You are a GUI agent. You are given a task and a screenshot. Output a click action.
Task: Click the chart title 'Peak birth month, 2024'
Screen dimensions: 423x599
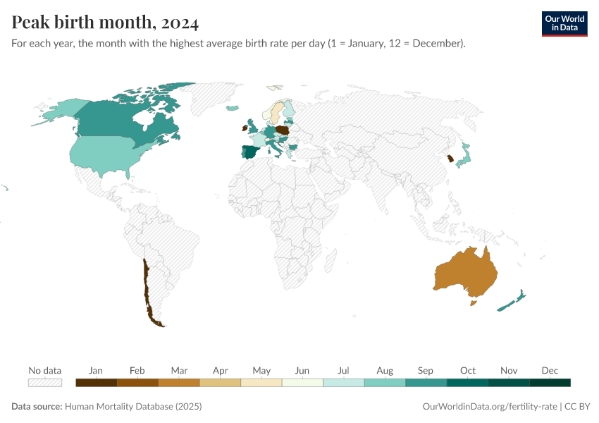[105, 23]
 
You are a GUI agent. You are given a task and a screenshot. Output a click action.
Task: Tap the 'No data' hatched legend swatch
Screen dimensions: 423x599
[45, 383]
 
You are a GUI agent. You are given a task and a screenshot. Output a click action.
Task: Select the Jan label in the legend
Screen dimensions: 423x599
[96, 370]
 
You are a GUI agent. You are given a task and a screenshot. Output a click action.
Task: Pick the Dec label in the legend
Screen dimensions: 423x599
[550, 370]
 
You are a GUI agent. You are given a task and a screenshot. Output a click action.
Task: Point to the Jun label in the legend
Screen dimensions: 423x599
[302, 370]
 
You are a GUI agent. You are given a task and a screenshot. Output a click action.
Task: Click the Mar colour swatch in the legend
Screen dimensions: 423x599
[179, 383]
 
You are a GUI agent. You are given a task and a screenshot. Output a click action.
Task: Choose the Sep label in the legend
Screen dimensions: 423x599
[426, 370]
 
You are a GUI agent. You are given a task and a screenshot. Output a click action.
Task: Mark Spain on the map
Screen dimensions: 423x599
[249, 152]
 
